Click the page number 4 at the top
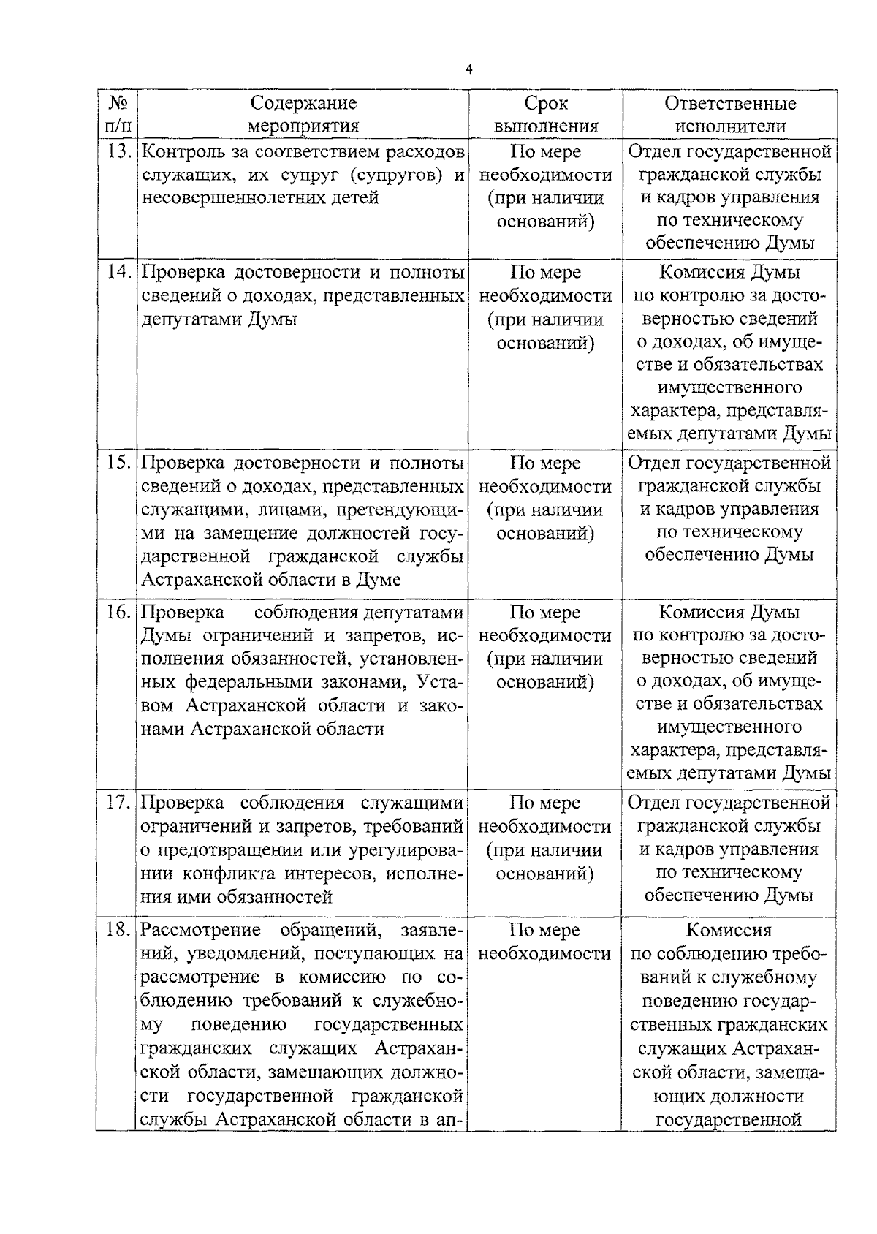click(x=468, y=69)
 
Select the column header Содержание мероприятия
click(x=303, y=114)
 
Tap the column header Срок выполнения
click(x=545, y=114)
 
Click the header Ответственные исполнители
click(x=729, y=114)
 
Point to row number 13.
click(x=118, y=152)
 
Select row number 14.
click(x=118, y=273)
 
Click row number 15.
click(x=118, y=463)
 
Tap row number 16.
click(x=118, y=613)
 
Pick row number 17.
click(x=118, y=803)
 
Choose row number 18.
click(x=118, y=931)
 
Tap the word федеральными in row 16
click(x=248, y=682)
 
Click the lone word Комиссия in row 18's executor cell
click(x=729, y=931)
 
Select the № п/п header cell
click(x=118, y=114)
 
